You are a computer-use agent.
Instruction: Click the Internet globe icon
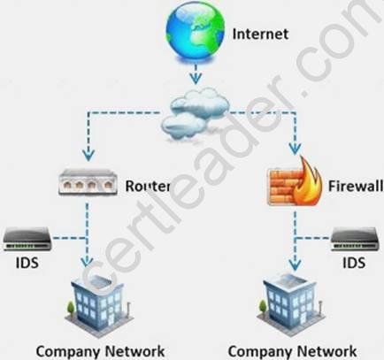(195, 33)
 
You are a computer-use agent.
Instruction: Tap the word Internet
(260, 34)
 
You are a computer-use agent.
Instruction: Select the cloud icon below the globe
(196, 114)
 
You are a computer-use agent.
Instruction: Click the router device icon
(88, 182)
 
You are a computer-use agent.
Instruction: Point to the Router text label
(148, 186)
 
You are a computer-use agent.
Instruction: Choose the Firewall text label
(356, 186)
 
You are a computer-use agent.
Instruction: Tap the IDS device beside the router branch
(27, 239)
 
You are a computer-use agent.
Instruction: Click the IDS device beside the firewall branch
(354, 239)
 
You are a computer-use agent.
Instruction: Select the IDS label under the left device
(27, 262)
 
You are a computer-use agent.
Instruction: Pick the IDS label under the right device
(354, 262)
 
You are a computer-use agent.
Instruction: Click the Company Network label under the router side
(100, 352)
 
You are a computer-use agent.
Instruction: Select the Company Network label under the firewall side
(292, 352)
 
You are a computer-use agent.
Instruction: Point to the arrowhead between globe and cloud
(196, 78)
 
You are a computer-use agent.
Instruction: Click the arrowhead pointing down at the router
(88, 155)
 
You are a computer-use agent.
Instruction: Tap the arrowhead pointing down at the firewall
(295, 149)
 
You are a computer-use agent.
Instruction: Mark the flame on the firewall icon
(308, 182)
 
